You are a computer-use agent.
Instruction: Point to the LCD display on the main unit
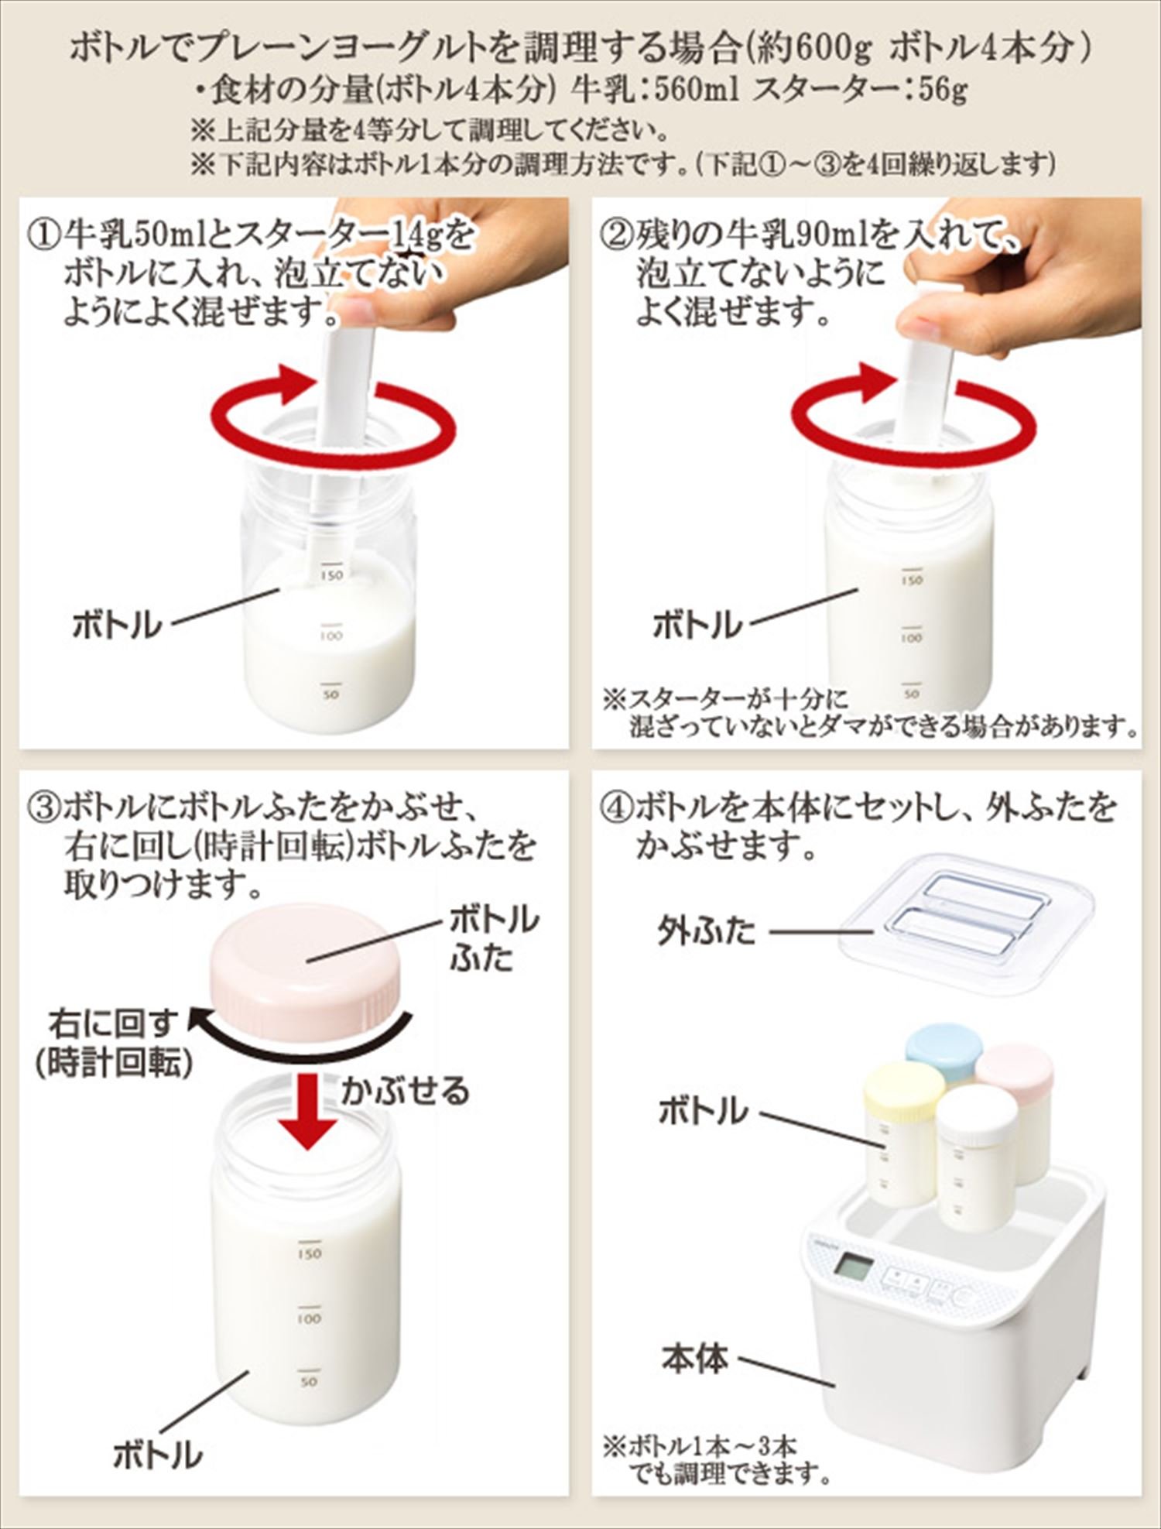click(853, 1267)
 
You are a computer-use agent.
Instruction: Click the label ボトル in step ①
click(117, 624)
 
